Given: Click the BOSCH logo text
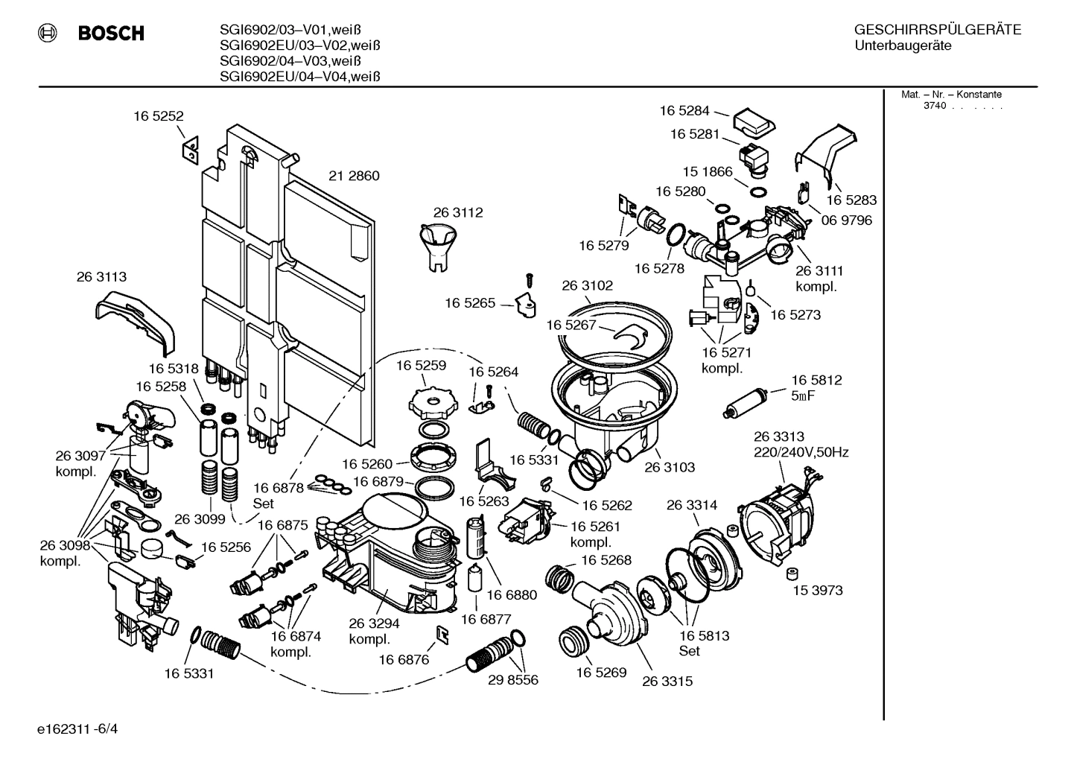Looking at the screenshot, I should [111, 34].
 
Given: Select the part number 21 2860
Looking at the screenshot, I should [354, 177].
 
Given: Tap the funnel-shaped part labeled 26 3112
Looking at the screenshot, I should [439, 245].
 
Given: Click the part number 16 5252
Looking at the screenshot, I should [159, 116].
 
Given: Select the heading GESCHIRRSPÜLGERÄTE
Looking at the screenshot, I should [937, 31].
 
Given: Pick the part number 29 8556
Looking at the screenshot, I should [512, 680].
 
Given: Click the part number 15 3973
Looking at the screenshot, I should [817, 591].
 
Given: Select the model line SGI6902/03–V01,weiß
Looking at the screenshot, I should [300, 31].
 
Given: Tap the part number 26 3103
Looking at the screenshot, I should [669, 468].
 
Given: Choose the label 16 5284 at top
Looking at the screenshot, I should [684, 111].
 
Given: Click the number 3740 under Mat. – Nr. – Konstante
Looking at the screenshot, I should [934, 106].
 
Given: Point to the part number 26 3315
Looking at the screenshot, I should [667, 682].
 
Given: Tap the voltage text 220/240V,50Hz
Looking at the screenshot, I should [801, 452].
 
